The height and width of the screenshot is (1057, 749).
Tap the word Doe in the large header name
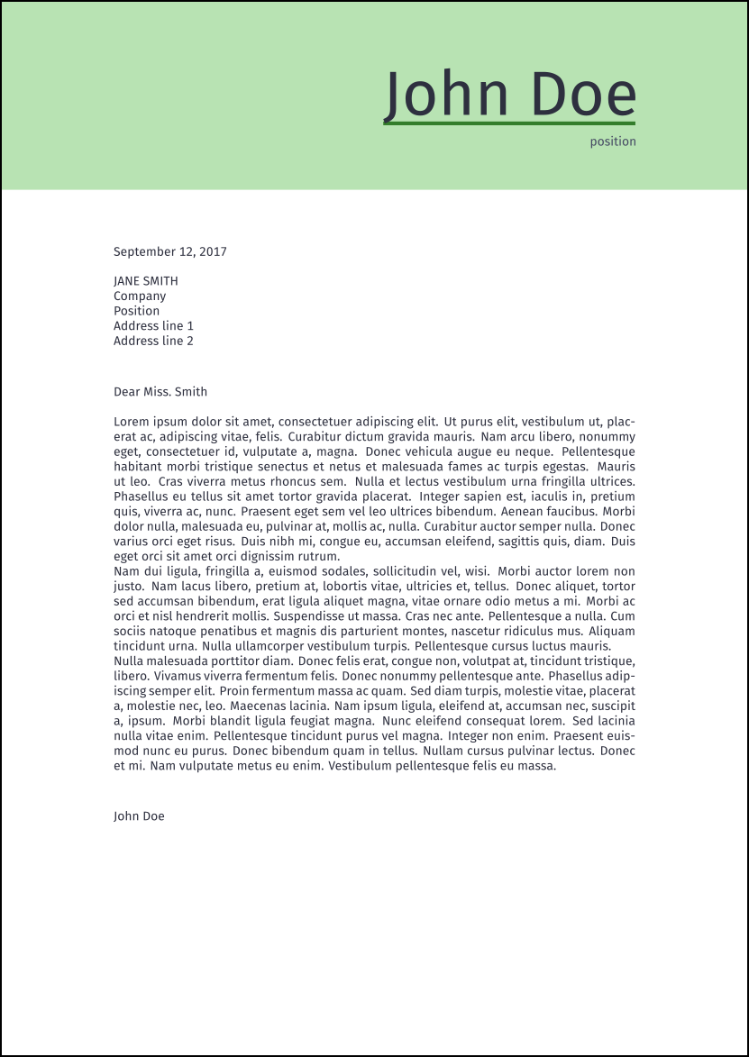pyautogui.click(x=583, y=94)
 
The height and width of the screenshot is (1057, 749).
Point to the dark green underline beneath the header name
pyautogui.click(x=509, y=123)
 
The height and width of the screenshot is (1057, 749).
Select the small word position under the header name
pyautogui.click(x=613, y=141)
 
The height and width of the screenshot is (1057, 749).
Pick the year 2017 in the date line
pyautogui.click(x=212, y=252)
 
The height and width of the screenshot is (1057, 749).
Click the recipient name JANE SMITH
pyautogui.click(x=146, y=281)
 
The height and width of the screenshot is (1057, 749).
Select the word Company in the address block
pyautogui.click(x=140, y=296)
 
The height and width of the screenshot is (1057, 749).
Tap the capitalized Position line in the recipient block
pyautogui.click(x=136, y=311)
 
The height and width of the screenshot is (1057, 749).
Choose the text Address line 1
pyautogui.click(x=153, y=326)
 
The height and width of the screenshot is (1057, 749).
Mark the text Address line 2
pyautogui.click(x=153, y=341)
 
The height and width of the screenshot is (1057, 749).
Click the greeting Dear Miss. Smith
pyautogui.click(x=160, y=392)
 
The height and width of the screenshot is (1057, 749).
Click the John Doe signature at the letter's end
pyautogui.click(x=139, y=816)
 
